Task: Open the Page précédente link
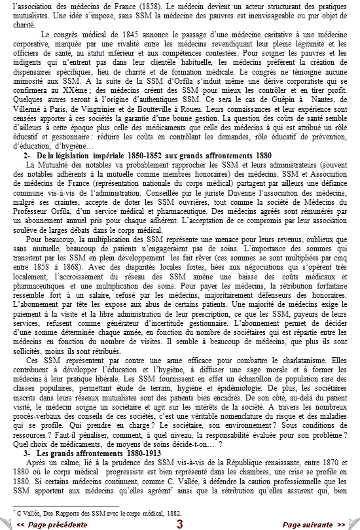coord(52,524)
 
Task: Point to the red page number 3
coord(179,524)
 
